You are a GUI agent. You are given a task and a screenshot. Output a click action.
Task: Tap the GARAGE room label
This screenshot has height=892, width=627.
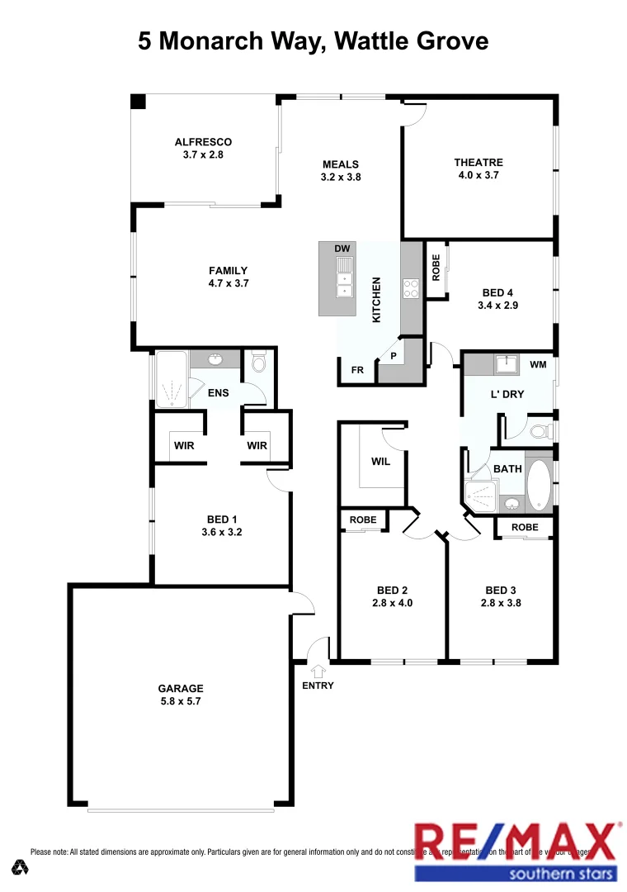point(181,688)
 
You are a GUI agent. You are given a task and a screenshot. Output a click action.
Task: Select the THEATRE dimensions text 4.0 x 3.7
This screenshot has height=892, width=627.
point(478,175)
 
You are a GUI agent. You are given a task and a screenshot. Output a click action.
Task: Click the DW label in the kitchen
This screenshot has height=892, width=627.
point(342,249)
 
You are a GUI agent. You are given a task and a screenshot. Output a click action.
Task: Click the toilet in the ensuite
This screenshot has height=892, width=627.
point(258,362)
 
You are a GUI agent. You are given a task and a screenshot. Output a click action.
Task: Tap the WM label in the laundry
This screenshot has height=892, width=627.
point(538,364)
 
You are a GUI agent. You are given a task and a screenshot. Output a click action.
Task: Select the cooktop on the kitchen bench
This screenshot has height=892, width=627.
point(411,287)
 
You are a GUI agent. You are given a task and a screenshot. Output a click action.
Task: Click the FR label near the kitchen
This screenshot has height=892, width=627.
point(357,370)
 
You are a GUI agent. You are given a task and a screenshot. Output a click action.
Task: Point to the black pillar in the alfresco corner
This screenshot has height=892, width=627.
point(139,101)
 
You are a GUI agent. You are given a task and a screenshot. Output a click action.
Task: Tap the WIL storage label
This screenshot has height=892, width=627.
point(380,462)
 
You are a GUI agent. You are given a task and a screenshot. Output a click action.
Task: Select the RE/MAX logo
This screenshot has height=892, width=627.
point(516,849)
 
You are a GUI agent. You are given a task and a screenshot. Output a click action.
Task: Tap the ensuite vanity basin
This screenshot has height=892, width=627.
point(216,359)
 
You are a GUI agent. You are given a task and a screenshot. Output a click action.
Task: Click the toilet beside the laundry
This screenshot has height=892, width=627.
point(540,430)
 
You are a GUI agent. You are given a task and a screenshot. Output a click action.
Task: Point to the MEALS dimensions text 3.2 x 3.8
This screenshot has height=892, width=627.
point(341,177)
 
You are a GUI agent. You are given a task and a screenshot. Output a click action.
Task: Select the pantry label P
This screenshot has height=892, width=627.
point(394,357)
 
